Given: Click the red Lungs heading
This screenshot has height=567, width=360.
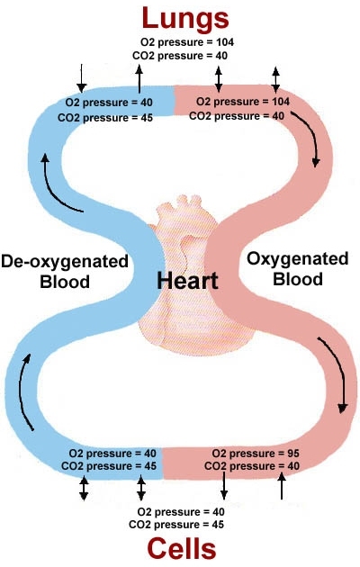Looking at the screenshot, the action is (x=185, y=19).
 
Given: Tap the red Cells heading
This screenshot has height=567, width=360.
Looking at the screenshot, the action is (x=182, y=549).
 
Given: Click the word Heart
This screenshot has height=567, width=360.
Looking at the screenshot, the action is (x=187, y=281).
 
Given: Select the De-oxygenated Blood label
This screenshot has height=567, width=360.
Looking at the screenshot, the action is (x=65, y=271).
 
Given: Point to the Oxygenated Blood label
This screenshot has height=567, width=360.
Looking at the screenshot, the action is (x=298, y=269).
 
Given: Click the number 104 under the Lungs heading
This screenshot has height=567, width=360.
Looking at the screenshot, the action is (x=225, y=42).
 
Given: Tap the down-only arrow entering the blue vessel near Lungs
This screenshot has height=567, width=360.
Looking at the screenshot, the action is (x=82, y=78).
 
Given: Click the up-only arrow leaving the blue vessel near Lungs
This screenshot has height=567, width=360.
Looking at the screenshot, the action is (x=139, y=79).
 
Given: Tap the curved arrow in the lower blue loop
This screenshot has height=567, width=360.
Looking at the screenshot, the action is (x=22, y=392).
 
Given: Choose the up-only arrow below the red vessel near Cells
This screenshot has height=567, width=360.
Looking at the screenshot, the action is (x=282, y=486).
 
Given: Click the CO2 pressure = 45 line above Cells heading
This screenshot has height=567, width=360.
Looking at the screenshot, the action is (x=176, y=525).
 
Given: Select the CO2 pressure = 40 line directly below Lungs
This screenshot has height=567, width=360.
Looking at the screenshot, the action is (x=180, y=56).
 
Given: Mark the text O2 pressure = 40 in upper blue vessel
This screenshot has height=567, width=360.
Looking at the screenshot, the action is (x=109, y=103).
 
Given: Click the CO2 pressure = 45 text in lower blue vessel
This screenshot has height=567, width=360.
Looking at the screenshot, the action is (x=109, y=466).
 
